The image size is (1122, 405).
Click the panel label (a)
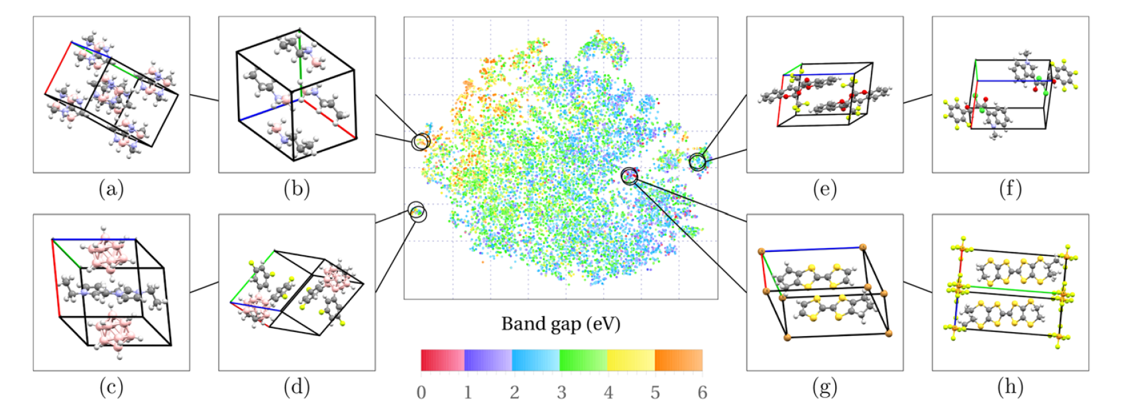coord(111,190)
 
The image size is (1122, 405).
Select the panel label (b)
coord(297,190)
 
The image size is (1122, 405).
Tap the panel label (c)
coord(111,387)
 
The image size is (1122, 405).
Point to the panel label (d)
coord(297,387)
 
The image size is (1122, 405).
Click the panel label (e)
coord(824,190)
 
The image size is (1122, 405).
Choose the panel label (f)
coord(1010,190)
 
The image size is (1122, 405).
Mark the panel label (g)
coord(824,387)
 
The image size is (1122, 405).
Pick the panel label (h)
coord(1010,387)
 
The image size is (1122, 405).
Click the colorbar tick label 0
coord(421,392)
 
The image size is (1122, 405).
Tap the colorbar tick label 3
coord(561,392)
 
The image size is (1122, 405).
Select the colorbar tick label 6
coord(702,392)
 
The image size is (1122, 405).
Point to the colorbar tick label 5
coord(655,392)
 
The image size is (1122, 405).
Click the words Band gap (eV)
coord(561,324)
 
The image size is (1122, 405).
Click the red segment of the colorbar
coord(443,360)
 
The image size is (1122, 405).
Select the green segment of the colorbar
coord(583,360)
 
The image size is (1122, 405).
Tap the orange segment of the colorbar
coord(678,360)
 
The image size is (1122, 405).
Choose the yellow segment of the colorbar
coord(631,360)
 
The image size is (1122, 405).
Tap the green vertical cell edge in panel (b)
coord(300,56)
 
